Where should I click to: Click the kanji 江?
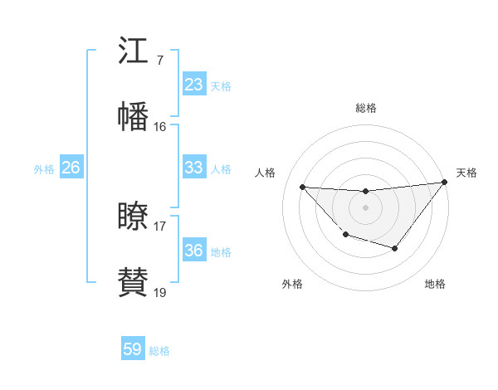click(133, 51)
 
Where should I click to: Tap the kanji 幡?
click(133, 117)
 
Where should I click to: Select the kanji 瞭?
click(133, 217)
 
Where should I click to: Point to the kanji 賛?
click(133, 282)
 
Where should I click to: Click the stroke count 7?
click(159, 61)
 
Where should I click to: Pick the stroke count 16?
click(159, 127)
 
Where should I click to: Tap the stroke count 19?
click(159, 292)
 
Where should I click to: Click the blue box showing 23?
click(193, 85)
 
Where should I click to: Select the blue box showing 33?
click(193, 168)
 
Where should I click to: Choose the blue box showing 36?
click(193, 251)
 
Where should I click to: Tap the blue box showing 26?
click(71, 168)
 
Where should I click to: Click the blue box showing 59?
click(133, 349)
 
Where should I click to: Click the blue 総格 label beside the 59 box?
click(159, 351)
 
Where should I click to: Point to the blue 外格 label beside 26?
click(44, 169)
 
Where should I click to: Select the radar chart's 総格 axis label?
click(366, 108)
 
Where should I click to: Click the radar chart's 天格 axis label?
click(467, 173)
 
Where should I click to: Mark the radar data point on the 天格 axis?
click(445, 182)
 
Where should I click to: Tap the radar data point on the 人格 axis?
click(302, 187)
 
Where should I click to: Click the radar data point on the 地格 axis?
click(395, 248)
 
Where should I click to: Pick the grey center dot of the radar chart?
click(365, 207)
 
